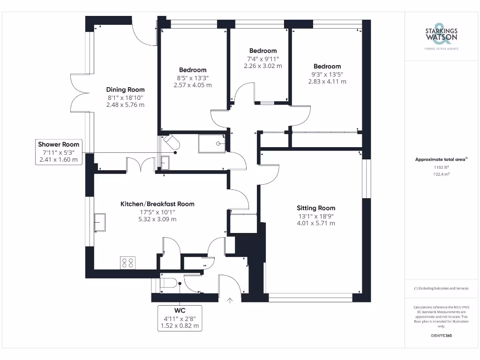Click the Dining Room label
(125, 90)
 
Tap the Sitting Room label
(315, 208)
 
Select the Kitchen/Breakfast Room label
(157, 204)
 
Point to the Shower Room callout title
(59, 144)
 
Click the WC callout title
(180, 310)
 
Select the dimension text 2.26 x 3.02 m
(263, 66)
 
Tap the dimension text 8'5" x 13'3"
(192, 78)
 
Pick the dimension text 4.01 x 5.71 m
(315, 224)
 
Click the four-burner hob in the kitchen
(127, 262)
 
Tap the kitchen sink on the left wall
(100, 222)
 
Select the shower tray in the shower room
(212, 143)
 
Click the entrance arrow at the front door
(230, 300)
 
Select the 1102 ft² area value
(441, 167)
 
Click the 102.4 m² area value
(441, 174)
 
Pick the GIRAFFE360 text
(441, 336)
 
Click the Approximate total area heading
(441, 159)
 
